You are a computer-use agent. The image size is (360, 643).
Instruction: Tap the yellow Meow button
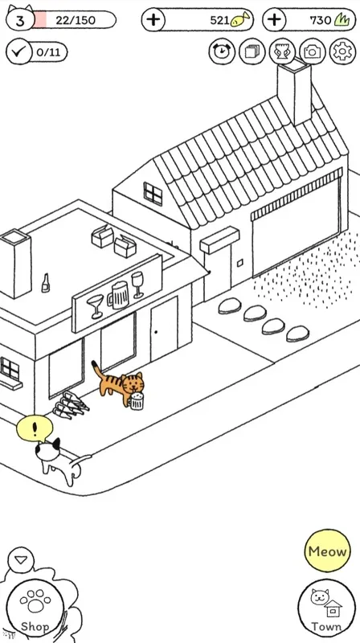coord(327,551)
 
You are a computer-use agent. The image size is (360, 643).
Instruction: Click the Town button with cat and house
coord(326,608)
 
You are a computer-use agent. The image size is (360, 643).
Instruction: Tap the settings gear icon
coord(342,51)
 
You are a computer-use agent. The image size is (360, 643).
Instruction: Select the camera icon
coord(313,51)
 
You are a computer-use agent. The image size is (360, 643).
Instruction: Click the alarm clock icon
coord(222,51)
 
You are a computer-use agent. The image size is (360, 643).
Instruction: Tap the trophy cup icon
coord(282,51)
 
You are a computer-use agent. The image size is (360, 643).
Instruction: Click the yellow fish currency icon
coord(239,19)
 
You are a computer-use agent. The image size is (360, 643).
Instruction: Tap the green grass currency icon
coord(342,19)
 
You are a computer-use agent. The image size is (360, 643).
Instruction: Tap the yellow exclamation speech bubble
coord(35,429)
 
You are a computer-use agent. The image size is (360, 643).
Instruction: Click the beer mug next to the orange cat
coord(137,400)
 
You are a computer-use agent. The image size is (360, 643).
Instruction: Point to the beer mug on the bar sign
coord(118,295)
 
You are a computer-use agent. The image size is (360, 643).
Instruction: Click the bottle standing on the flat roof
coord(46,283)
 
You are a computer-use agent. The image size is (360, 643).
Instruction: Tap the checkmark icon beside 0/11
coord(18,51)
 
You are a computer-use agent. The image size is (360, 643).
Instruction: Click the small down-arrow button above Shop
coord(21,559)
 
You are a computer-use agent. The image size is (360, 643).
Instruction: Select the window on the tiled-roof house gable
coord(153,194)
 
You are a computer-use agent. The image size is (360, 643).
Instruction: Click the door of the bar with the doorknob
coord(164,330)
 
